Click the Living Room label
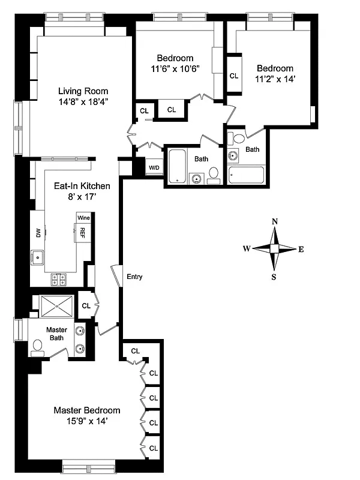pyautogui.click(x=83, y=91)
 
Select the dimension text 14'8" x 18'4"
pyautogui.click(x=83, y=102)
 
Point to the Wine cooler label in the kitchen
pyautogui.click(x=82, y=218)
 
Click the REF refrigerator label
pyautogui.click(x=82, y=231)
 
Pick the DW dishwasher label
pyautogui.click(x=38, y=232)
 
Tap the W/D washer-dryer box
pyautogui.click(x=154, y=168)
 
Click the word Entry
pyautogui.click(x=134, y=277)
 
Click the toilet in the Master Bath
pyautogui.click(x=37, y=346)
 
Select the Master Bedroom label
pyautogui.click(x=86, y=410)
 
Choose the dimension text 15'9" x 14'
pyautogui.click(x=86, y=421)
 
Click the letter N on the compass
pyautogui.click(x=275, y=221)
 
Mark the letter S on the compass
pyautogui.click(x=275, y=277)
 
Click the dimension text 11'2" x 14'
pyautogui.click(x=275, y=79)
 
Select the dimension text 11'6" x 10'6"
pyautogui.click(x=175, y=69)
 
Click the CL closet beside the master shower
pyautogui.click(x=86, y=305)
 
